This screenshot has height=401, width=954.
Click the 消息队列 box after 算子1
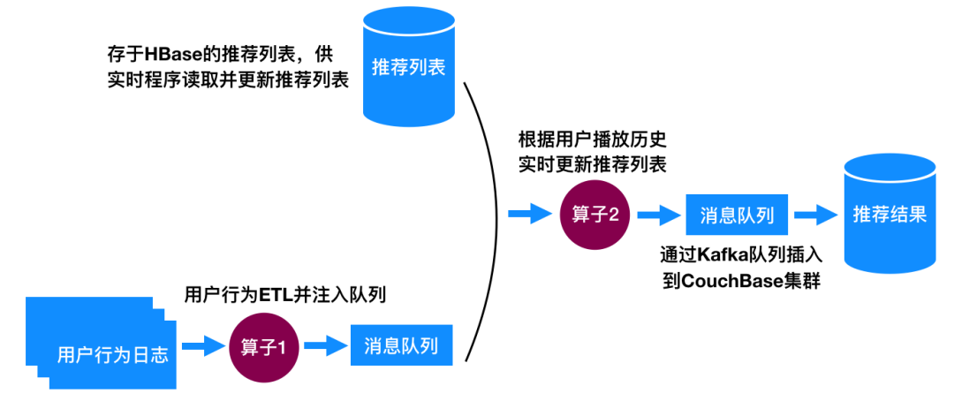(x=407, y=346)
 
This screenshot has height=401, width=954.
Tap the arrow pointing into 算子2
(x=528, y=215)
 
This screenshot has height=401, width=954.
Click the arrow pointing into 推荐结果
(x=814, y=215)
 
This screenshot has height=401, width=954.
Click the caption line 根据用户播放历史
(x=591, y=140)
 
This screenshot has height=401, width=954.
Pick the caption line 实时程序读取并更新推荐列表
(x=225, y=79)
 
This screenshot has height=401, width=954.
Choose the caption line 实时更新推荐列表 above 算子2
(x=591, y=164)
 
